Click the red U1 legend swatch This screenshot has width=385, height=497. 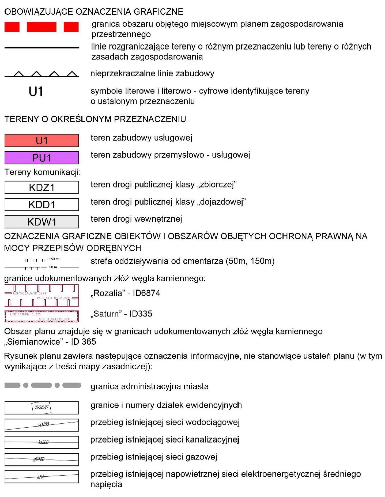point(41,141)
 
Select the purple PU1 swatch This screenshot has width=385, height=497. point(41,158)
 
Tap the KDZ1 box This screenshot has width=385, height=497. point(41,187)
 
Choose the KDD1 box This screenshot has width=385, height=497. point(41,205)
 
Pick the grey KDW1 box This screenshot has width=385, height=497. point(41,222)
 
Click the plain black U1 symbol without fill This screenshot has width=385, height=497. point(36,92)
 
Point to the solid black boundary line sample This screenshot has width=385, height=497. point(41,48)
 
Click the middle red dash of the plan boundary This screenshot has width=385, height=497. point(41,27)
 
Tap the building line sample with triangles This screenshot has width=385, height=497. point(41,74)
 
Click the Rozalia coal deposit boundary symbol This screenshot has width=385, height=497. point(41,296)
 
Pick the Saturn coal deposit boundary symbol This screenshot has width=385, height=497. point(41,316)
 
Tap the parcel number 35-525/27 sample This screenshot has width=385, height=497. point(41,408)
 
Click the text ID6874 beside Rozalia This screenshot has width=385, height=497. point(146,293)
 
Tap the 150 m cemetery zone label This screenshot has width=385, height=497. point(54,259)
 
